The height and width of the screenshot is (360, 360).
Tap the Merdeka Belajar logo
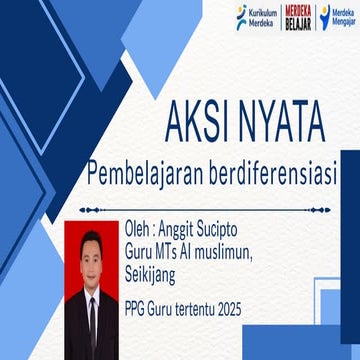pyautogui.click(x=297, y=17)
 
